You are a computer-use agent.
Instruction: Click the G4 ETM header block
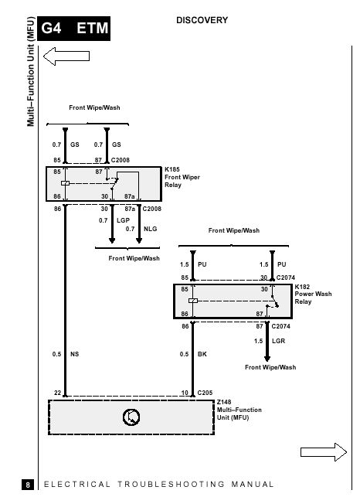[74, 28]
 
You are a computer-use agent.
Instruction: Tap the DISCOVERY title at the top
[202, 20]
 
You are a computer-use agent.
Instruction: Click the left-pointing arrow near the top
[66, 56]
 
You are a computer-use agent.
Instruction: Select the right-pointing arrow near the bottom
[324, 452]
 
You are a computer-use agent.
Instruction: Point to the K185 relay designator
[172, 169]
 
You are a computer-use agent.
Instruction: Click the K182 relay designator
[302, 287]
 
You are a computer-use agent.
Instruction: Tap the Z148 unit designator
[224, 402]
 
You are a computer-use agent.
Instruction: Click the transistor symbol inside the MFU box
[131, 417]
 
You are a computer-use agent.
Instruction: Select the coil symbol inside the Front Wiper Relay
[66, 183]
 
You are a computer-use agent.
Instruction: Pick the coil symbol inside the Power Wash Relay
[193, 301]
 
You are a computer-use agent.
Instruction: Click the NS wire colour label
[74, 354]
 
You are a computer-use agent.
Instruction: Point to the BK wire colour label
[202, 354]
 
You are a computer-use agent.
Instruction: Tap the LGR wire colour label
[279, 341]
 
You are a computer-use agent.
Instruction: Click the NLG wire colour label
[150, 229]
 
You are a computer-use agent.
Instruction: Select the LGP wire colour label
[124, 220]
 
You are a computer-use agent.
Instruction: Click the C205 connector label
[205, 393]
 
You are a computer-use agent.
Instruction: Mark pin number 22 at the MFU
[57, 393]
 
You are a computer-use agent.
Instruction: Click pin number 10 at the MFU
[185, 393]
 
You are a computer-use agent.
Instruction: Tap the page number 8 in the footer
[28, 485]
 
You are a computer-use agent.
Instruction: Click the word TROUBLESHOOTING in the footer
[172, 485]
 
